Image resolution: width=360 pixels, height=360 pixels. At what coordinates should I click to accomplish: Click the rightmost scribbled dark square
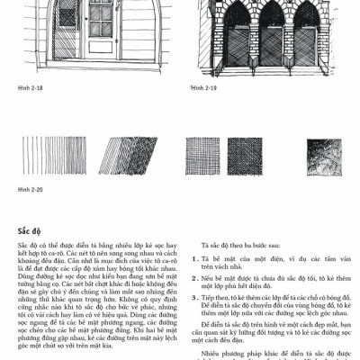tap(326, 154)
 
